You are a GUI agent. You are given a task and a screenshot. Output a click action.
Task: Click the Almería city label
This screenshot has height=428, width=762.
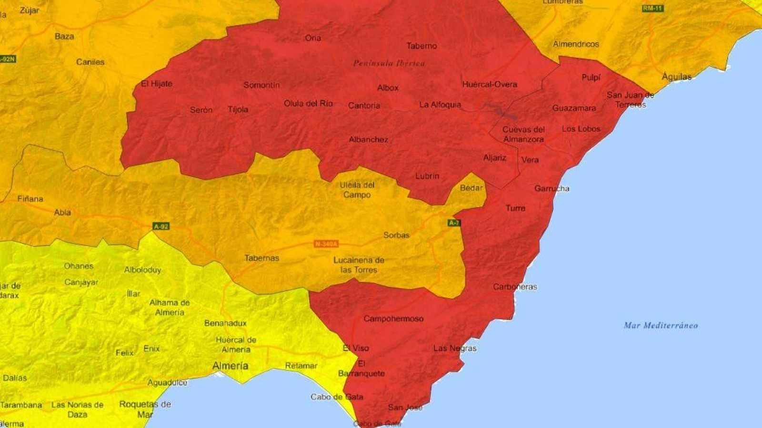click(x=230, y=366)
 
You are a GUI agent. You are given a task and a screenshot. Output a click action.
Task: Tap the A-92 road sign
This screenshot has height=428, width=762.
click(x=161, y=226)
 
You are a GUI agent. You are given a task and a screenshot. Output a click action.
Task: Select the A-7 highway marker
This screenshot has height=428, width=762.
click(x=454, y=223)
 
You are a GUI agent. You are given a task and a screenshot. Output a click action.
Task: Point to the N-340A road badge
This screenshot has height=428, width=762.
click(x=326, y=244)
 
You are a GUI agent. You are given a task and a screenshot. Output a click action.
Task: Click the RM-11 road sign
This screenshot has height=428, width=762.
click(x=652, y=9)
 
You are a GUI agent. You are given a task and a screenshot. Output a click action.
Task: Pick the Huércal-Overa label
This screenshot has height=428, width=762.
click(x=490, y=84)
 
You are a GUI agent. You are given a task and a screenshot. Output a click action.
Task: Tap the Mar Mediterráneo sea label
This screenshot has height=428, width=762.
click(x=661, y=325)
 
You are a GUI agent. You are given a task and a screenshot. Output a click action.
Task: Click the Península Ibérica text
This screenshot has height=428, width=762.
click(x=389, y=63)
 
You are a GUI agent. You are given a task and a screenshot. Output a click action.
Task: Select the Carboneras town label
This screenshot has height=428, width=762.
click(x=515, y=287)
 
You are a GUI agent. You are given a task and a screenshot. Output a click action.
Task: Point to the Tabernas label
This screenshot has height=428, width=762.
click(x=261, y=258)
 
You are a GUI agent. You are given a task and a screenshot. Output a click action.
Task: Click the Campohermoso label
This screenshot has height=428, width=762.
click(x=393, y=319)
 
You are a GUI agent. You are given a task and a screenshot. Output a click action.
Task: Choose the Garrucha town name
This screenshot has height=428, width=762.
click(x=551, y=188)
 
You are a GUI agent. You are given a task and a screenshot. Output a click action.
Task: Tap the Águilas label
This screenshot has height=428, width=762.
click(x=676, y=77)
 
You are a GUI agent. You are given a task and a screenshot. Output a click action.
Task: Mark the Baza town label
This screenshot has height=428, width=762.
click(x=64, y=36)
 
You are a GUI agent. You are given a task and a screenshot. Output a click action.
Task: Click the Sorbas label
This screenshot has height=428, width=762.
click(x=396, y=235)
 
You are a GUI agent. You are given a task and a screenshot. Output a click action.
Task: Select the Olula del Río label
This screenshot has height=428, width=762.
click(x=308, y=103)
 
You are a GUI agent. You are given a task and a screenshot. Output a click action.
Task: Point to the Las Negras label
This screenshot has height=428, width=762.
click(x=455, y=348)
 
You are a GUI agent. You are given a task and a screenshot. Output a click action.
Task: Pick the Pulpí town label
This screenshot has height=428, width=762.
click(x=591, y=77)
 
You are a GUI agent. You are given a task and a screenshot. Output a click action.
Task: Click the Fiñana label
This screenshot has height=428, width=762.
click(x=30, y=198)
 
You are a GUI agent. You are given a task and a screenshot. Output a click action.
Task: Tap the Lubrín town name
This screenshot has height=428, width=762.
click(x=427, y=176)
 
